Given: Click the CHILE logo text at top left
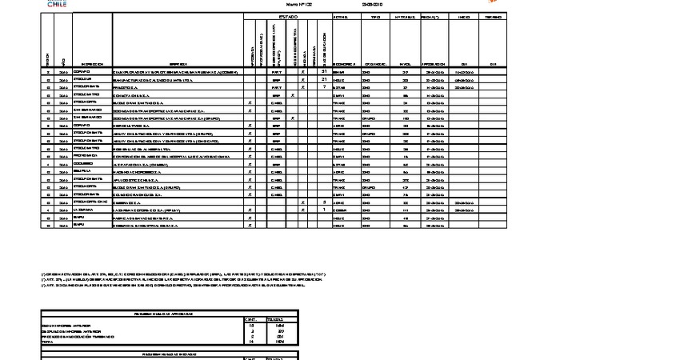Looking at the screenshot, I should pyautogui.click(x=57, y=4).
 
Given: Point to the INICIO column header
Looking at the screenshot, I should pyautogui.click(x=464, y=16).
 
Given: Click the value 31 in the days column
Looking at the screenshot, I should pyautogui.click(x=323, y=71).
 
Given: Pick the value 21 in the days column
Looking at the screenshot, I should pyautogui.click(x=323, y=79).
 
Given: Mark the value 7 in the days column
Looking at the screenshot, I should pyautogui.click(x=323, y=86).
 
